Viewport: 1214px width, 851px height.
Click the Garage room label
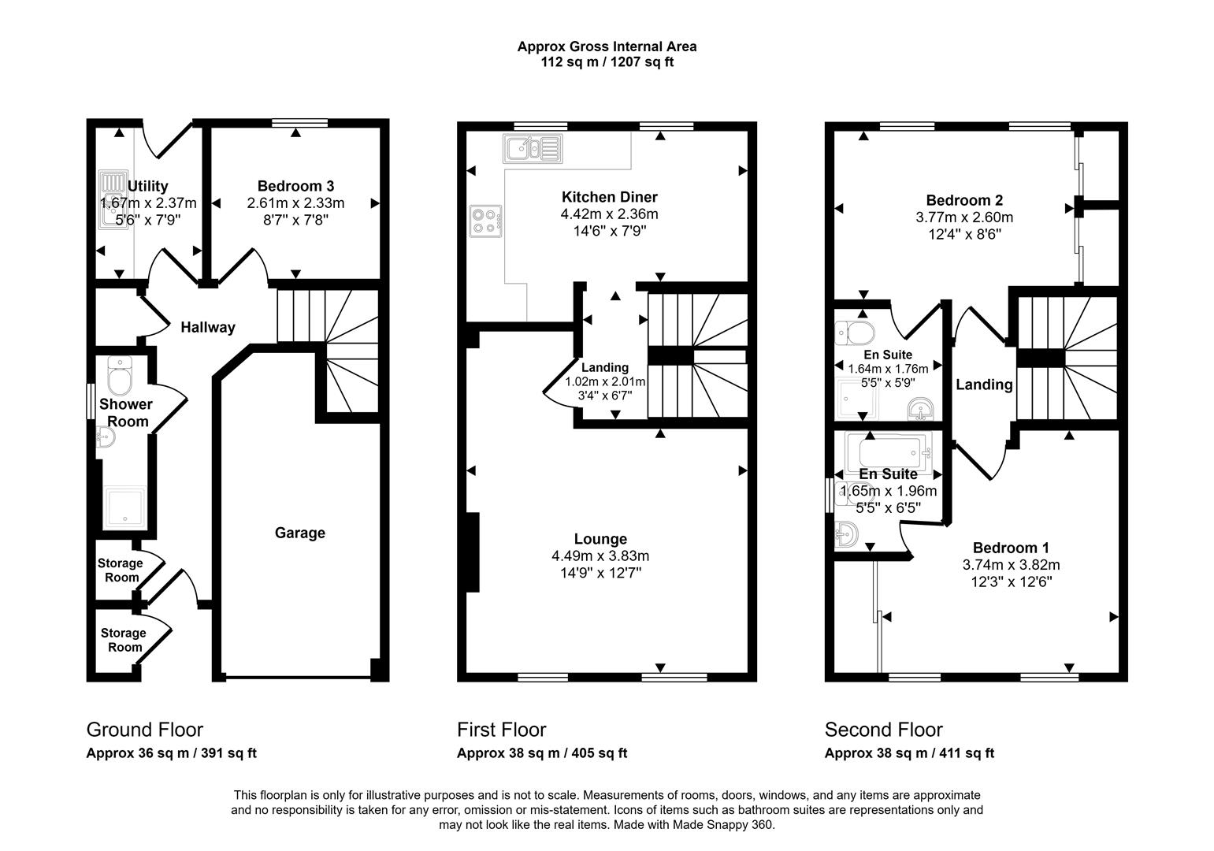point(299,533)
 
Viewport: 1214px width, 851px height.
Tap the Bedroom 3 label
point(295,186)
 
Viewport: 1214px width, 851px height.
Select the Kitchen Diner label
point(609,197)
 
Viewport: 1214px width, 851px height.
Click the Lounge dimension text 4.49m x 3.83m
point(600,556)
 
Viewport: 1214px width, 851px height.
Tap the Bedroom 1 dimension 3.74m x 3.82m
point(1011,565)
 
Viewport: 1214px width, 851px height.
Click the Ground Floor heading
point(144,730)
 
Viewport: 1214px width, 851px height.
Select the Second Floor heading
point(883,730)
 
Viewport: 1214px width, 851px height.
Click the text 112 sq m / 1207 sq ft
point(607,62)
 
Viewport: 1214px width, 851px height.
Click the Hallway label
point(208,327)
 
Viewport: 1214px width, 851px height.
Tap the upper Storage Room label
point(121,570)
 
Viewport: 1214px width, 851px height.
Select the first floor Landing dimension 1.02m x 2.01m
point(605,382)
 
